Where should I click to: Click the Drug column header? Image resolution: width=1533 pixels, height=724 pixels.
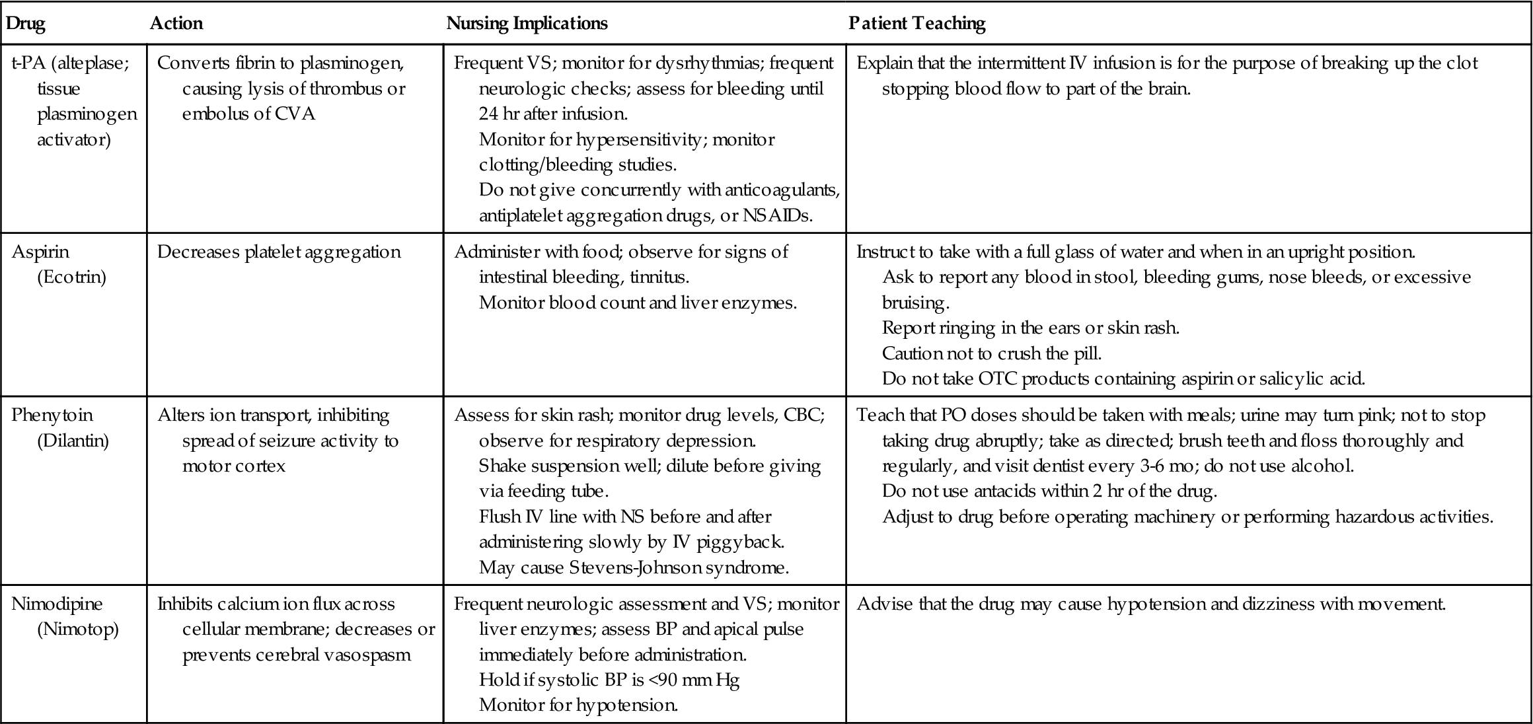coord(25,24)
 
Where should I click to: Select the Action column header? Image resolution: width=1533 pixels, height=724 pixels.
coord(176,24)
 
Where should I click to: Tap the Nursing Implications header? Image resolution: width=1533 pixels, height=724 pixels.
coord(527,24)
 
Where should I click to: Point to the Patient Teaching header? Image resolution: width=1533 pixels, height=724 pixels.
coord(916,24)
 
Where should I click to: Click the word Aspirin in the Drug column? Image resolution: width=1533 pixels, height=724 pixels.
coord(40,252)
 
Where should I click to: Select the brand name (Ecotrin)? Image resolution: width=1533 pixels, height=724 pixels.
coord(71,277)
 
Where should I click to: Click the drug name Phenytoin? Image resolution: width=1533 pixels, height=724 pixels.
coord(52,416)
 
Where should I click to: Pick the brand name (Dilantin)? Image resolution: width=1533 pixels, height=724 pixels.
coord(73,441)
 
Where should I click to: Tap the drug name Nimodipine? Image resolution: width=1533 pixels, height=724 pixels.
coord(57,604)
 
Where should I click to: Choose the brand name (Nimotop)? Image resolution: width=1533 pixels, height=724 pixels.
coord(78,629)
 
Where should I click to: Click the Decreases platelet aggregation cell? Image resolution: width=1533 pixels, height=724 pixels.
coord(279,252)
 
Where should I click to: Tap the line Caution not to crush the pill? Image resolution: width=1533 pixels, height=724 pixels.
coord(992,353)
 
